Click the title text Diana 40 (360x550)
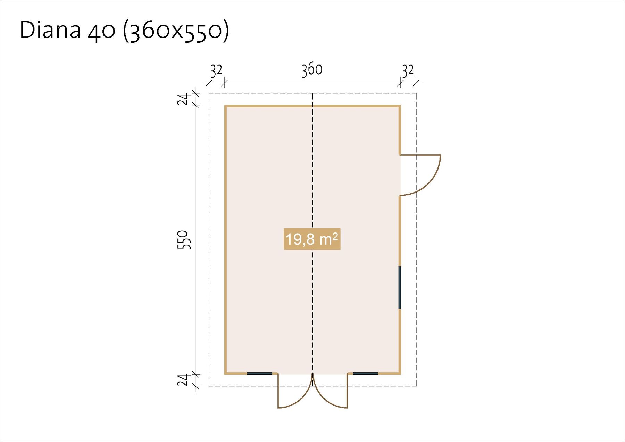tap(124, 31)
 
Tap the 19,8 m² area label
tap(312, 239)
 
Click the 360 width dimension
tap(312, 70)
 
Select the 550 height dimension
tap(184, 240)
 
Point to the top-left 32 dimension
tap(216, 71)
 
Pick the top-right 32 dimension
tap(408, 71)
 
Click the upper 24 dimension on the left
tap(184, 99)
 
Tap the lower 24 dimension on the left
tap(184, 379)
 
